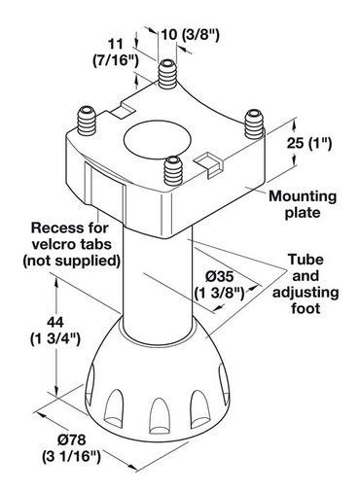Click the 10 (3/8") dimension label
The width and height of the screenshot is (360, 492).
point(191,35)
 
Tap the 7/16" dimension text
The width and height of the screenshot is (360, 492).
point(116,60)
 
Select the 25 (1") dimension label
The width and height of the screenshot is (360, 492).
point(309,143)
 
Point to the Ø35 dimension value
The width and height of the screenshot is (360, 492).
point(220,276)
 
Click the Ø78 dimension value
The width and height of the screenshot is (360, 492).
point(72,439)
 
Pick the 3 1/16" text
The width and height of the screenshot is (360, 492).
point(72,456)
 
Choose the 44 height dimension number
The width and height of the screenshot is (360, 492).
point(55,323)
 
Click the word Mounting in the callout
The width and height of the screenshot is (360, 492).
point(303,196)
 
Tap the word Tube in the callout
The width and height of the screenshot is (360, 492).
point(306,260)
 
